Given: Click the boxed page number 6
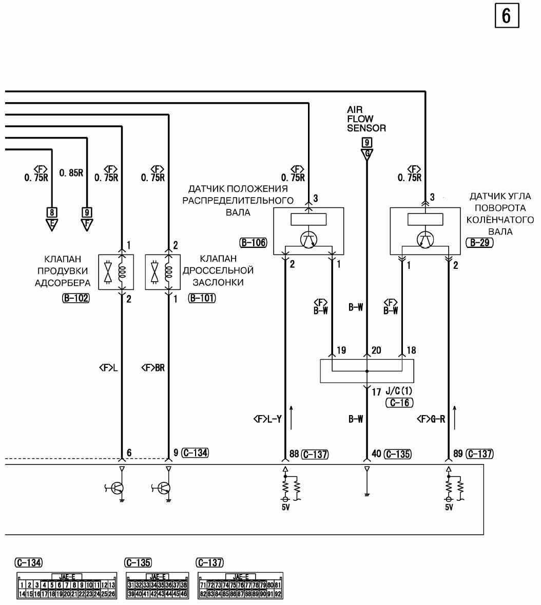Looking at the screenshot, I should [x=506, y=16].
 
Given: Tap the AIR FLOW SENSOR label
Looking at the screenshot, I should [x=366, y=119].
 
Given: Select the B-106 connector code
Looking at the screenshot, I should [x=253, y=242].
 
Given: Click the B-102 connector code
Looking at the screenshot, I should [x=75, y=298].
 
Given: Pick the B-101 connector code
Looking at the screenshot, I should [x=202, y=298].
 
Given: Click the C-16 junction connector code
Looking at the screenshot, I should [x=399, y=403].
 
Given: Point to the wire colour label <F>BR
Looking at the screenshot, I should [x=153, y=368].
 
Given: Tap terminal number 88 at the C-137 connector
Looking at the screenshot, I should [x=294, y=454].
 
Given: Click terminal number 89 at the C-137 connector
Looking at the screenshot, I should [x=458, y=454].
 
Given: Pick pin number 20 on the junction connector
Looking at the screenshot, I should [x=376, y=350].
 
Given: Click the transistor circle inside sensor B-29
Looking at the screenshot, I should [x=424, y=240].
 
